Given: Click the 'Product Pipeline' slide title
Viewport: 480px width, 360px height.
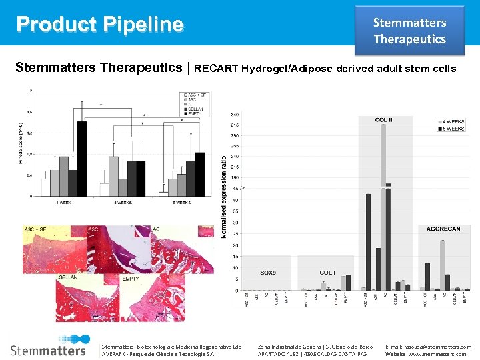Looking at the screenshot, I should click(x=100, y=24).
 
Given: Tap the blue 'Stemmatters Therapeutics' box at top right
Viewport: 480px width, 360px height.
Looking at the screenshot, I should click(x=409, y=31).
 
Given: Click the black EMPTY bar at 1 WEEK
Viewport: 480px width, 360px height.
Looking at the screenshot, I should click(x=82, y=159).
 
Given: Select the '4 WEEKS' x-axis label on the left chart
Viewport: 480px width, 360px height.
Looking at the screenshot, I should click(x=122, y=202).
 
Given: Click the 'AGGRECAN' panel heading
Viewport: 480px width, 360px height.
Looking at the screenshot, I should click(x=443, y=229).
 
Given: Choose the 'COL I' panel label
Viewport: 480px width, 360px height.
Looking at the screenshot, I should click(x=327, y=273).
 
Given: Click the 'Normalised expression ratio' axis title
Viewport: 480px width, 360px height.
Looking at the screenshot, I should click(x=224, y=197).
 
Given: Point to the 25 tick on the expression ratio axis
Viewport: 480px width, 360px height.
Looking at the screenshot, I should click(x=235, y=234).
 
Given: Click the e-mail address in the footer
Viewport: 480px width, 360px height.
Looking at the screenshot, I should click(x=428, y=347).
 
